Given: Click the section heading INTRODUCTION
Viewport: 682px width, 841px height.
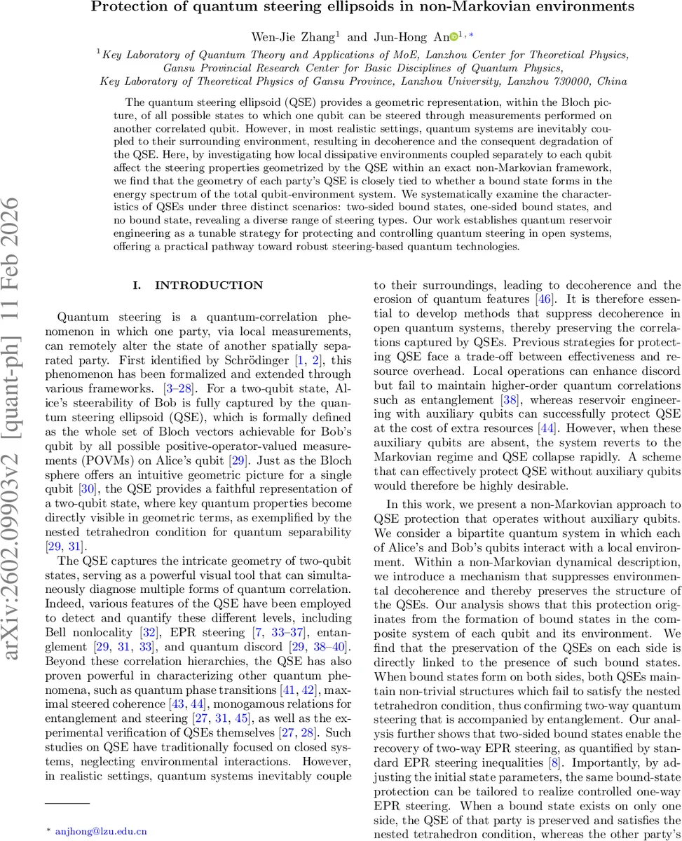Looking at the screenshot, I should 209,285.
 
